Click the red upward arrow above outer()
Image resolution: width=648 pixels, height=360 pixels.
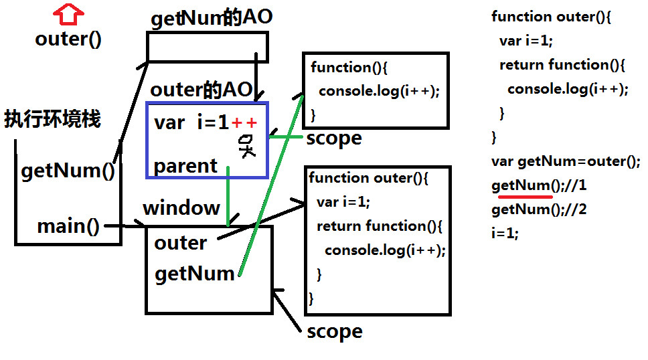point(68,13)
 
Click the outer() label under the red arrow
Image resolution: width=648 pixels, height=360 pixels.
point(68,39)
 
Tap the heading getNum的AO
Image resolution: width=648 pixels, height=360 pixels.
point(212,18)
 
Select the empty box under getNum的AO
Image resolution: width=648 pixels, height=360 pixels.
point(207,47)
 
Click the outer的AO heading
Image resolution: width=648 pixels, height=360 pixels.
point(201,90)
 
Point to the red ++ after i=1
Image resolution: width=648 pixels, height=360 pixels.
point(244,122)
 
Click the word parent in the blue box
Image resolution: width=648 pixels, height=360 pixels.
point(185,165)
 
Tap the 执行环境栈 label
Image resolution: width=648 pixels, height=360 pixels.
point(52,120)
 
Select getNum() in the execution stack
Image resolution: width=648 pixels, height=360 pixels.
point(68,171)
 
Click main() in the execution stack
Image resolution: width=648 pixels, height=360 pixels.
point(68,226)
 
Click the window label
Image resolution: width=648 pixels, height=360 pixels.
point(181,207)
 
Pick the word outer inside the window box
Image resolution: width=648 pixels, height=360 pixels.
point(180,242)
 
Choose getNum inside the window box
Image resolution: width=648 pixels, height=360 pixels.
point(195,273)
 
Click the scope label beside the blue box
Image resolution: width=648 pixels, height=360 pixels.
point(334,139)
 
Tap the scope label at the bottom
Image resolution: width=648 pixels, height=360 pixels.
point(334,331)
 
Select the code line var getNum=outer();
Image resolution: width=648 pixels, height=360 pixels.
point(566,161)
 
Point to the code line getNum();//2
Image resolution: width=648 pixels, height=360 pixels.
point(539,209)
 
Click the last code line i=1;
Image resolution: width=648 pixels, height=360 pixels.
point(505,234)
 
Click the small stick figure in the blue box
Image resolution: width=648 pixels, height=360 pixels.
point(246,145)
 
